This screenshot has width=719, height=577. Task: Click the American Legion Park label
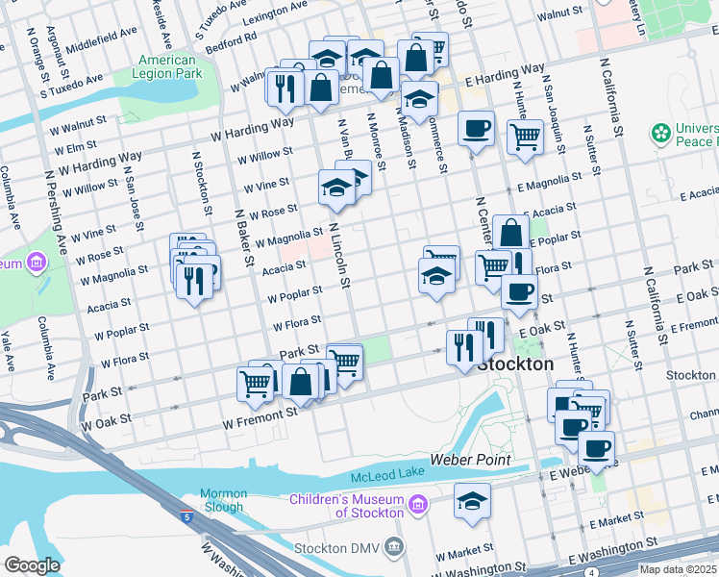coord(168,65)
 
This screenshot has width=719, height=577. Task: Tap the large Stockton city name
coord(515,365)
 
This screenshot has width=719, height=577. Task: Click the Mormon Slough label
coord(223,500)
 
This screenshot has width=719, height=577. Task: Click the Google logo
coord(32,565)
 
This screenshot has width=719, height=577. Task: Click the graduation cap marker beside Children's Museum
coord(472,502)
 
